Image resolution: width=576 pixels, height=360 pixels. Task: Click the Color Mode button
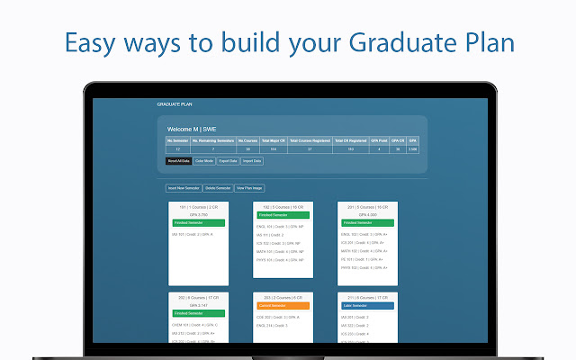tap(204, 161)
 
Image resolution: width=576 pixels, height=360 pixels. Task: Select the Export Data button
tap(229, 161)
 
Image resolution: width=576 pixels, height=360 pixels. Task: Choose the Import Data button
tap(252, 161)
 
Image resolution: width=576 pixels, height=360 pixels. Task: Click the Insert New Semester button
tap(184, 188)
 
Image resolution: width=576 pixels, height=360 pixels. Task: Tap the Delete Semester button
tap(218, 188)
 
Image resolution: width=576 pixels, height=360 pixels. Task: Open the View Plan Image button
tap(249, 188)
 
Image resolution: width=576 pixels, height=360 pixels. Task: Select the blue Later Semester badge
tap(366, 305)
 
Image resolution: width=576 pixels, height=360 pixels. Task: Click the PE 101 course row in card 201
tap(363, 259)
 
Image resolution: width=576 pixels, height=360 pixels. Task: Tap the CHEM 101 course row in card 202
tap(194, 324)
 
